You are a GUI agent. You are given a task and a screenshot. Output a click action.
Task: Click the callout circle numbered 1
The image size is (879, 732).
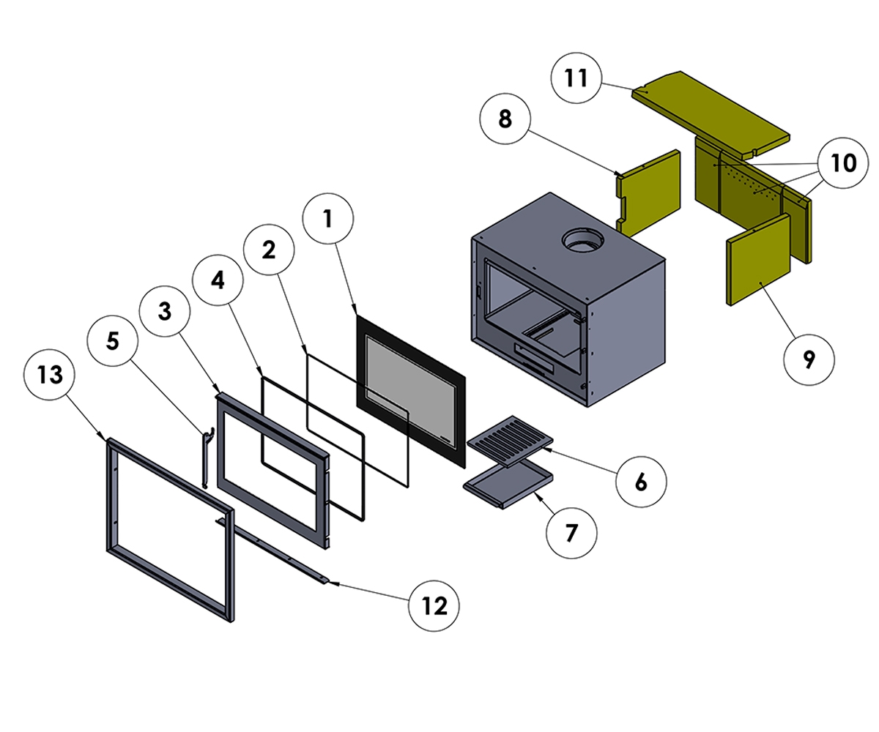tap(328, 217)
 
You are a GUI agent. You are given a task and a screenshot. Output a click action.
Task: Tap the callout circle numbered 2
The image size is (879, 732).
tap(269, 250)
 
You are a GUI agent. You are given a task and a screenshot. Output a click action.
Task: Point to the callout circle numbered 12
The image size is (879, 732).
tap(434, 606)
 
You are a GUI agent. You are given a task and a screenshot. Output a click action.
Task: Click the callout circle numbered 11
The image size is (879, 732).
tap(577, 78)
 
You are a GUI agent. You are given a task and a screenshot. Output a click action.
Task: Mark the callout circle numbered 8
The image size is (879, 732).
tap(505, 119)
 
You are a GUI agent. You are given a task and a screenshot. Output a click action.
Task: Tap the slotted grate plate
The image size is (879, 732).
tap(511, 441)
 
